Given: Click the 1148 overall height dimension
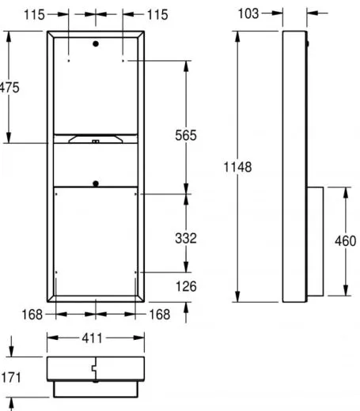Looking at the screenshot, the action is (x=237, y=167).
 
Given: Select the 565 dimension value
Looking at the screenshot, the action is (x=186, y=135).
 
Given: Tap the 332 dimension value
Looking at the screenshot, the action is (x=186, y=238).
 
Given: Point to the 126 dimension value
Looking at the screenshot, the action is (x=186, y=286).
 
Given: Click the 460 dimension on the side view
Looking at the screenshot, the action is (x=346, y=241).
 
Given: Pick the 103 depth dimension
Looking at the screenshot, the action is (x=248, y=13).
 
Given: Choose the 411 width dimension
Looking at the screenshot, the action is (x=92, y=338).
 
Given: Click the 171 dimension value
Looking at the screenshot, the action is (x=11, y=378).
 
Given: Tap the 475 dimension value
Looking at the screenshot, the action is (x=9, y=88).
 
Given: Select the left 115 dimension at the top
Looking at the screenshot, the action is (x=34, y=15).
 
